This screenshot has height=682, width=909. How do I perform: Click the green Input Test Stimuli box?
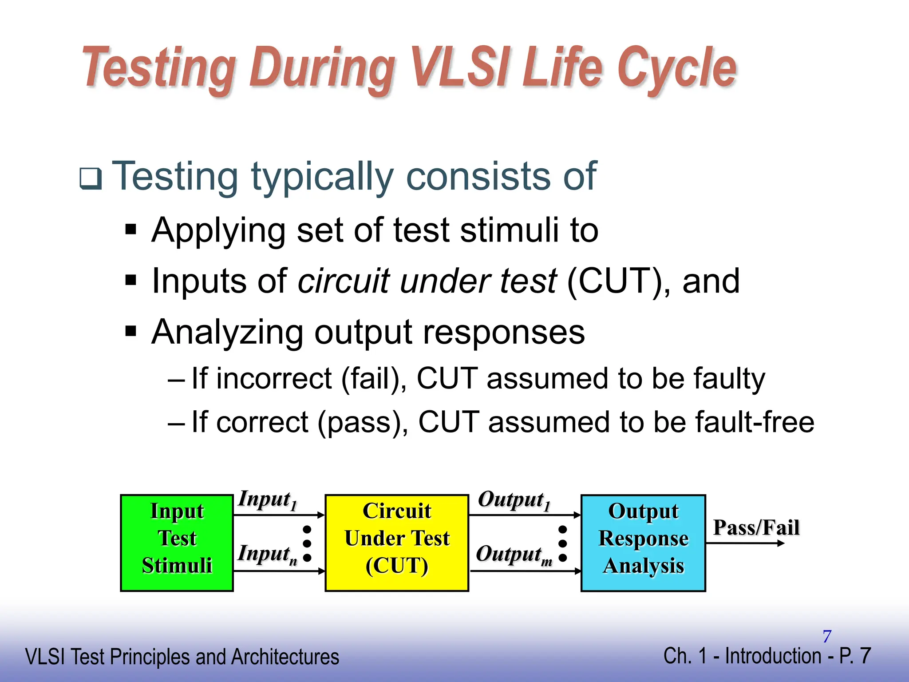(x=177, y=543)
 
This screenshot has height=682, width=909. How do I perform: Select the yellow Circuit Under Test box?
(x=397, y=543)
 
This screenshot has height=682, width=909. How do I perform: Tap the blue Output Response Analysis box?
(x=643, y=543)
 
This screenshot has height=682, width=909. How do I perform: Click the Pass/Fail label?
(x=756, y=528)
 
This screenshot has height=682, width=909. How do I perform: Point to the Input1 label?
(x=267, y=500)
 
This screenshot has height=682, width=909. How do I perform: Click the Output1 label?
(x=514, y=500)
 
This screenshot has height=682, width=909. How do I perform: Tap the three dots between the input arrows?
(x=307, y=543)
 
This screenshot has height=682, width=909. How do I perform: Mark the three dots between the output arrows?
(x=562, y=543)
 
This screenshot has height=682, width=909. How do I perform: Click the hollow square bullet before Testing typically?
(x=91, y=178)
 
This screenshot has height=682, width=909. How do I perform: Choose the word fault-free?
(x=755, y=422)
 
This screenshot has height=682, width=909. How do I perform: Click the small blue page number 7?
(x=826, y=636)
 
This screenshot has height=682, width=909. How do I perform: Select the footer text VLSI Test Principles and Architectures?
(x=182, y=657)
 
